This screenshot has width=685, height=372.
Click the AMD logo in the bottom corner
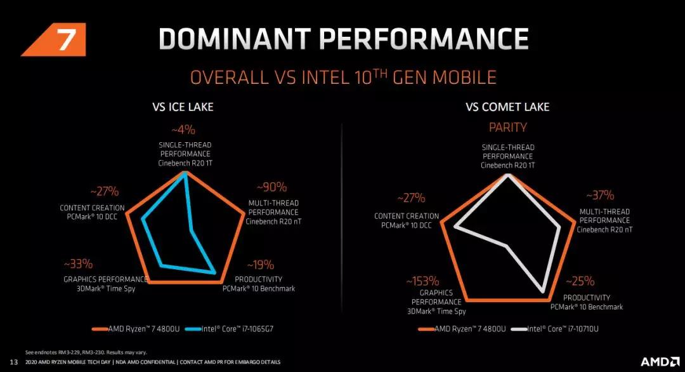(659, 361)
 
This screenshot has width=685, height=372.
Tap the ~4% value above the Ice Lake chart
(185, 130)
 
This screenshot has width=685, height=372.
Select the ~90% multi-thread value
(271, 187)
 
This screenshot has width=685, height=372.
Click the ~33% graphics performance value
(78, 263)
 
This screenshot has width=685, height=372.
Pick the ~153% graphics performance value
(422, 281)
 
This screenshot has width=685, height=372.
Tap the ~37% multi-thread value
(599, 196)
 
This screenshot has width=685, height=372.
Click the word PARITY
(507, 128)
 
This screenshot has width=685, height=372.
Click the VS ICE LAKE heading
(183, 107)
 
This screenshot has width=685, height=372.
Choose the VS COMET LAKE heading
(508, 107)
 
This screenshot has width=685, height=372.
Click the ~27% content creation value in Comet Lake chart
(412, 198)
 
